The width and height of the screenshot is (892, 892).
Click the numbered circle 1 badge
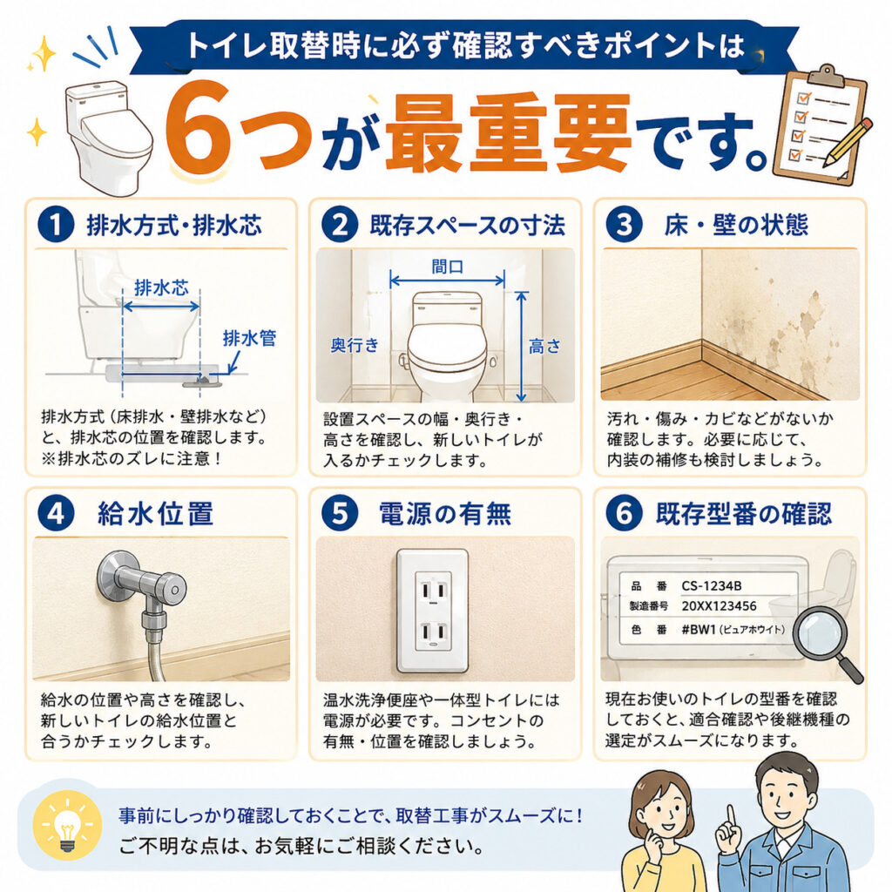tap(56, 225)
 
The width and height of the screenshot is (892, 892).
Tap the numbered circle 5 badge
tap(340, 512)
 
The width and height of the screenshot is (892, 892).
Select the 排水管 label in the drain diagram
tap(249, 339)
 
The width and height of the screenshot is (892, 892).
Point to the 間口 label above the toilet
tap(447, 267)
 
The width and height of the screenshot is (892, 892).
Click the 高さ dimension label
tap(544, 347)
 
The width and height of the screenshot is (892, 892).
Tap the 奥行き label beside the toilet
tap(355, 345)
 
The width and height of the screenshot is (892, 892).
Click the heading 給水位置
tap(156, 513)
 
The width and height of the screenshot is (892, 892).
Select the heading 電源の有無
tap(445, 513)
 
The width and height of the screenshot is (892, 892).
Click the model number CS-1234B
tap(711, 586)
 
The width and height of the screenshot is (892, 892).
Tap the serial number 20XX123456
tap(719, 606)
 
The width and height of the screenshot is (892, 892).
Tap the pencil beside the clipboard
tap(847, 141)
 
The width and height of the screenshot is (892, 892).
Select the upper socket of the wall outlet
tap(433, 591)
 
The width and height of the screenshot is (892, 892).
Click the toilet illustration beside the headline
tap(107, 138)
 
